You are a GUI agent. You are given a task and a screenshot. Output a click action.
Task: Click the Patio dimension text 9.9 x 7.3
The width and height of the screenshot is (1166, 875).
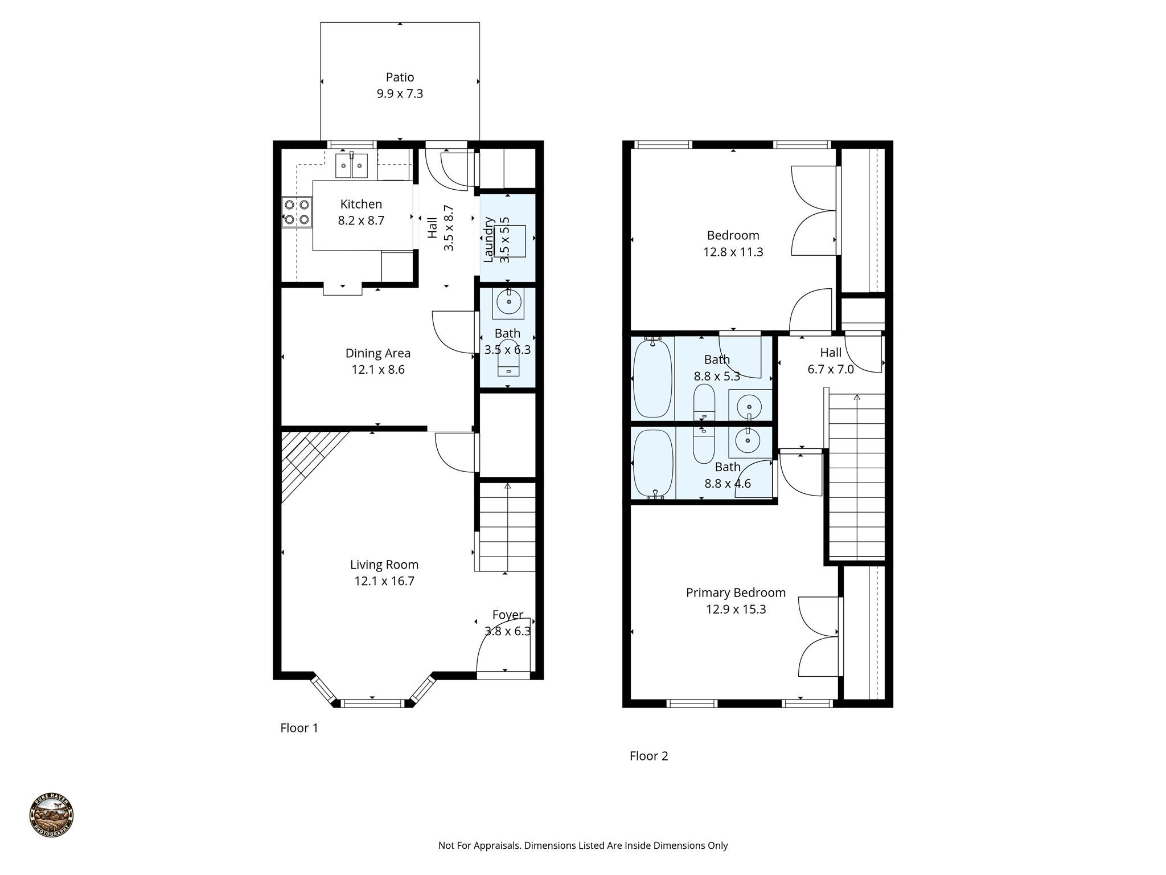(400, 94)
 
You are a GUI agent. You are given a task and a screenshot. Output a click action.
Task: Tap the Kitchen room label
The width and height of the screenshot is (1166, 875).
(361, 204)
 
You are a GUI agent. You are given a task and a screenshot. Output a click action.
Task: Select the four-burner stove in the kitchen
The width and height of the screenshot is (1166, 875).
(297, 212)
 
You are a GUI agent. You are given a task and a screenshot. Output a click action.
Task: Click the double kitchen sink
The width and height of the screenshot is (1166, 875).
(351, 166)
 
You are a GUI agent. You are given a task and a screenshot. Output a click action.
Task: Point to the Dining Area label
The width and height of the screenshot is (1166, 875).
(377, 353)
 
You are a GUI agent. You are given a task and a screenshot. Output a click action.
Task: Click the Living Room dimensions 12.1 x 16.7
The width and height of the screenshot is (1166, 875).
(384, 581)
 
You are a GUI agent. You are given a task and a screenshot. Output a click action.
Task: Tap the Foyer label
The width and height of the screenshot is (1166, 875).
(507, 615)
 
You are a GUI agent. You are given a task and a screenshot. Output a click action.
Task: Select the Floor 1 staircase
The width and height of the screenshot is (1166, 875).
(507, 527)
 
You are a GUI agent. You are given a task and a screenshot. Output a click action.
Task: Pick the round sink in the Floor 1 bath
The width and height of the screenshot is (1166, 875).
(508, 302)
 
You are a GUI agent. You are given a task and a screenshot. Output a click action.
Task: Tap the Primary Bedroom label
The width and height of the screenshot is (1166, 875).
(736, 592)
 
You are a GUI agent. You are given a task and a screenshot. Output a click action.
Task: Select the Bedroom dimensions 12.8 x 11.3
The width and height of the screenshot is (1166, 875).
(733, 252)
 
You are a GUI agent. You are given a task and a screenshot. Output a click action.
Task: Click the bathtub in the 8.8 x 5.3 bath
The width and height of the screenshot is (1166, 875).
(652, 377)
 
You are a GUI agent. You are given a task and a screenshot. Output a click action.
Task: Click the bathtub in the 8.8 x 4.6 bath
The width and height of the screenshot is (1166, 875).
(653, 463)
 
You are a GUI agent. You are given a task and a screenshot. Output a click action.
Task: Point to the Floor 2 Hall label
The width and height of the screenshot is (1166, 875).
(831, 353)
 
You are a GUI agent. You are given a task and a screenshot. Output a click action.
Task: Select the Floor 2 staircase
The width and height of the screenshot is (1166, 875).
(856, 476)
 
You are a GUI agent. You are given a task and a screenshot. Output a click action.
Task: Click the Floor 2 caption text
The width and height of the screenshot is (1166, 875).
(648, 756)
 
